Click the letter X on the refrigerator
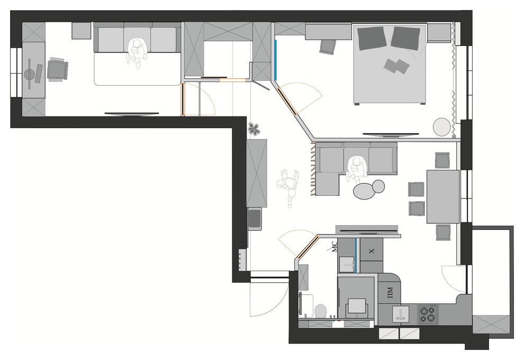pyautogui.click(x=372, y=251)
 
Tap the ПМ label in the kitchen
pyautogui.click(x=390, y=292)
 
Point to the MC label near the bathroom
pyautogui.click(x=335, y=247)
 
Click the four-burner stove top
pyautogui.click(x=428, y=314)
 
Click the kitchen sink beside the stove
pyautogui.click(x=401, y=314)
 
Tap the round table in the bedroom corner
pyautogui.click(x=442, y=127)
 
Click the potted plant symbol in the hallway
pyautogui.click(x=254, y=129)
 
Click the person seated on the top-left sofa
pyautogui.click(x=137, y=53)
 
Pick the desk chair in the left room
pyautogui.click(x=58, y=69)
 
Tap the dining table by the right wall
pyautogui.click(x=443, y=196)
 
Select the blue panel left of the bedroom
pyautogui.click(x=276, y=60)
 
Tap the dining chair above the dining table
pyautogui.click(x=442, y=160)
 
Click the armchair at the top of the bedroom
pyautogui.click(x=327, y=47)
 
